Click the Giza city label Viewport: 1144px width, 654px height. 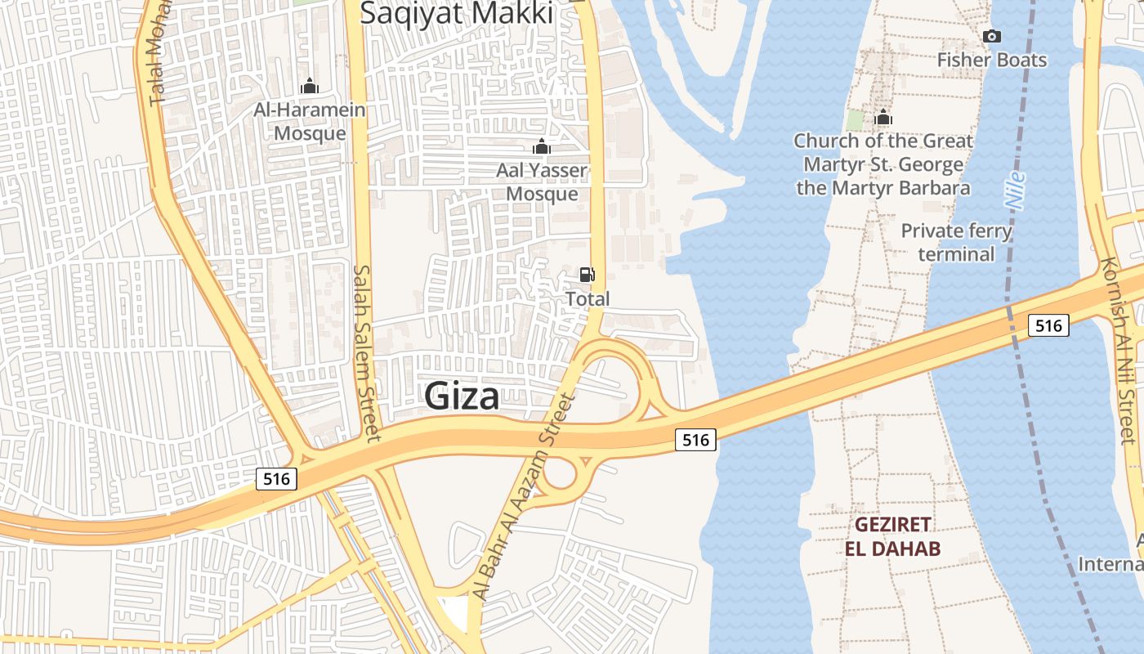pos(462,396)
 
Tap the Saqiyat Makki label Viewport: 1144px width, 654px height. pos(457,13)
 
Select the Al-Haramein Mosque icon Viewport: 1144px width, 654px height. pos(310,86)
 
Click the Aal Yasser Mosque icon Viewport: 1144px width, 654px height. pos(541,147)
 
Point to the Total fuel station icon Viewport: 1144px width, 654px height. pos(587,275)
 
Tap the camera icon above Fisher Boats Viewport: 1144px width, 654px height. pos(992,36)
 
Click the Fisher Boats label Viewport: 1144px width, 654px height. pos(992,60)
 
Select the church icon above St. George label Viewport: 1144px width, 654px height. pos(883,118)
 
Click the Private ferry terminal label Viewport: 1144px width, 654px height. pos(956,242)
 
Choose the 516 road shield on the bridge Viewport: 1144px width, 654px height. pos(1048,325)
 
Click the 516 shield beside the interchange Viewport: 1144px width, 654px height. pos(696,440)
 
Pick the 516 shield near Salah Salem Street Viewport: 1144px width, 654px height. pos(276,478)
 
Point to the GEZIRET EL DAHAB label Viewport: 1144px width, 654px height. pos(892,536)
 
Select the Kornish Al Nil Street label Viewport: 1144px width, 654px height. pos(1118,352)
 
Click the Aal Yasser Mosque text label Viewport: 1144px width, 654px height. pos(543,182)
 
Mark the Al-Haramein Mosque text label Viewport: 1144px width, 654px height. pos(310,121)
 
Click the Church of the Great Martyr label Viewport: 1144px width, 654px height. pos(883,164)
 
